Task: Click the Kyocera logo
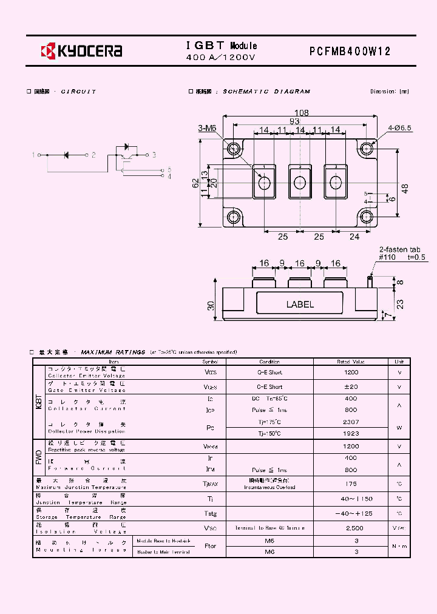tap(81, 51)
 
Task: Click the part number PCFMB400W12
tap(350, 52)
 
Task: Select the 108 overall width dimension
tap(301, 113)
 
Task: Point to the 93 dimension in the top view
tap(294, 121)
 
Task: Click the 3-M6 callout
tap(207, 128)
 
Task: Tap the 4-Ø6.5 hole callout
tap(400, 128)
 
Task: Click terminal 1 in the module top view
tap(264, 181)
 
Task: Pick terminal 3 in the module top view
tap(334, 181)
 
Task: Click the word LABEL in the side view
tap(300, 305)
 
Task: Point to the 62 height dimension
tap(195, 183)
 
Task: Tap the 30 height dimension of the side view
tap(211, 306)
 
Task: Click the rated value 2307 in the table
tap(351, 422)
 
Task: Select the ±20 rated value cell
tap(351, 386)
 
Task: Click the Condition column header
tap(269, 362)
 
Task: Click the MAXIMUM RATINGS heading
tap(113, 352)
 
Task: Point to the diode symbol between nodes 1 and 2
tap(67, 155)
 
